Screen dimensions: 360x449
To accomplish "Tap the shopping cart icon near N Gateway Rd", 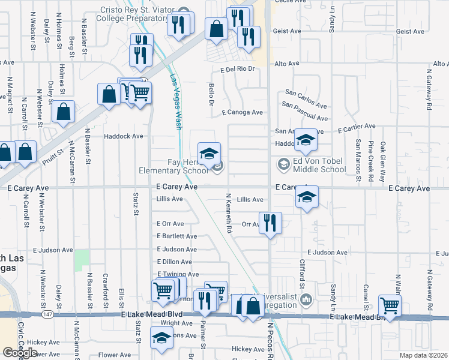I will [390, 306].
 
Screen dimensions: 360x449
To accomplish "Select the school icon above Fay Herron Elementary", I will [209, 154].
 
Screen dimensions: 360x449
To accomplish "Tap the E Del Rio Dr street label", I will [238, 69].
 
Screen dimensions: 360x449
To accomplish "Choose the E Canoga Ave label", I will [242, 112].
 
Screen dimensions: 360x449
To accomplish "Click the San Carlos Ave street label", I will [306, 94].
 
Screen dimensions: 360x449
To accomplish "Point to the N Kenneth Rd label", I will [229, 212].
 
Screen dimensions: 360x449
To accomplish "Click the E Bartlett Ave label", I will [176, 236].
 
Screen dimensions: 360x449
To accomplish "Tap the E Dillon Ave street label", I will [174, 262].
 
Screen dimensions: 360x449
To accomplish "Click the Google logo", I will [20, 352].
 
